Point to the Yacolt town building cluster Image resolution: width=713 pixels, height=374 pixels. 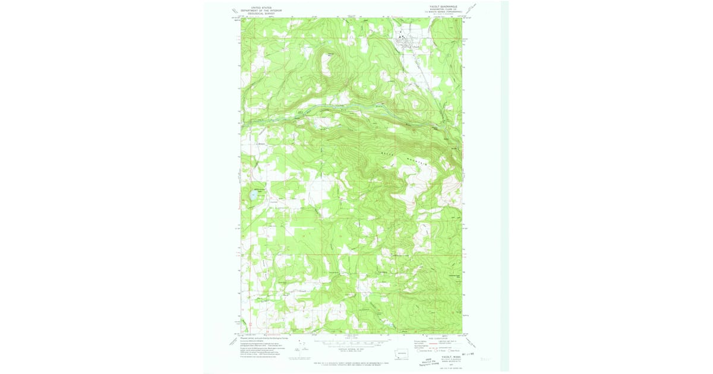408,41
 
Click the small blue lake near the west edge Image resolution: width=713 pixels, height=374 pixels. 254,194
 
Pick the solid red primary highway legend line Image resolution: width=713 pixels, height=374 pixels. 427,341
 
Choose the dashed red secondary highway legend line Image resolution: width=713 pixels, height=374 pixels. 427,344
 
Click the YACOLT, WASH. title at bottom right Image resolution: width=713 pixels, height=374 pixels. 439,356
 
